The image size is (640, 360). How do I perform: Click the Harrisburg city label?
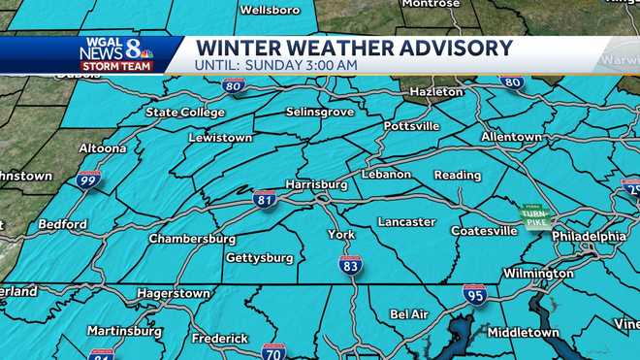tap(316, 183)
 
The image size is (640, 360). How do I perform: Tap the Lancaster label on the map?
tap(406, 221)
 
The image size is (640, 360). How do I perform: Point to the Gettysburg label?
tap(259, 258)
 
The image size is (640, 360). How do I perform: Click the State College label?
tap(184, 113)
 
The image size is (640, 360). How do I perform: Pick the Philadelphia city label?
tap(589, 236)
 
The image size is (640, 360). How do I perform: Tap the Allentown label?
tap(511, 137)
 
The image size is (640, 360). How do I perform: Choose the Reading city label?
tap(457, 176)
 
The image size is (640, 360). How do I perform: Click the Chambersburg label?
tap(192, 239)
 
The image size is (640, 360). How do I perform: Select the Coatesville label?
tap(484, 231)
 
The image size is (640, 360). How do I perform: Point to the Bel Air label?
tap(409, 314)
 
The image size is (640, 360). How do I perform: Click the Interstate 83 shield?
tap(351, 265)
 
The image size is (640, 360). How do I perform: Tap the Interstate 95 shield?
tap(474, 294)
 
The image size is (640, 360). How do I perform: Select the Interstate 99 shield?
tap(88, 180)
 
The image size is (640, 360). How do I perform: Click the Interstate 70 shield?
tap(273, 351)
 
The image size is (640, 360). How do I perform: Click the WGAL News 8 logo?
tap(116, 54)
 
